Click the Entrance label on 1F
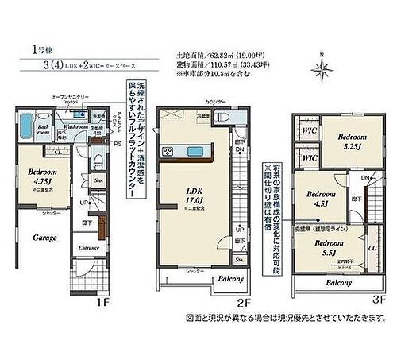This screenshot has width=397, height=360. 87,248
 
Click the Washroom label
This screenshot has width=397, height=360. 76,126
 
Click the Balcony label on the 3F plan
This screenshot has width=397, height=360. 339,282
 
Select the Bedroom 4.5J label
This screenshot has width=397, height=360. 318,198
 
